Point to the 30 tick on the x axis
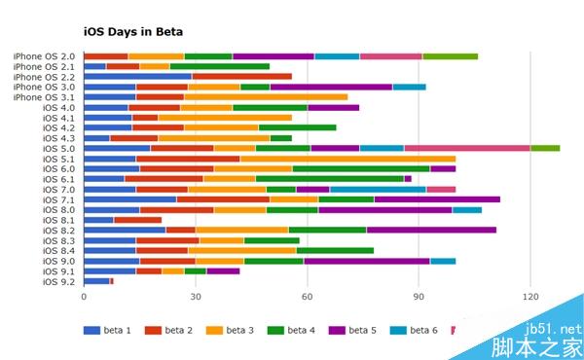click(x=195, y=296)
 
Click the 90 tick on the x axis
click(x=419, y=296)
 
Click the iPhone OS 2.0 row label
click(x=44, y=56)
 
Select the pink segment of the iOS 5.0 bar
click(x=467, y=148)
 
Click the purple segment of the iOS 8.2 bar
click(x=431, y=230)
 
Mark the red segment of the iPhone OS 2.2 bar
click(x=241, y=76)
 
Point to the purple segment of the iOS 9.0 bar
click(x=367, y=261)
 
